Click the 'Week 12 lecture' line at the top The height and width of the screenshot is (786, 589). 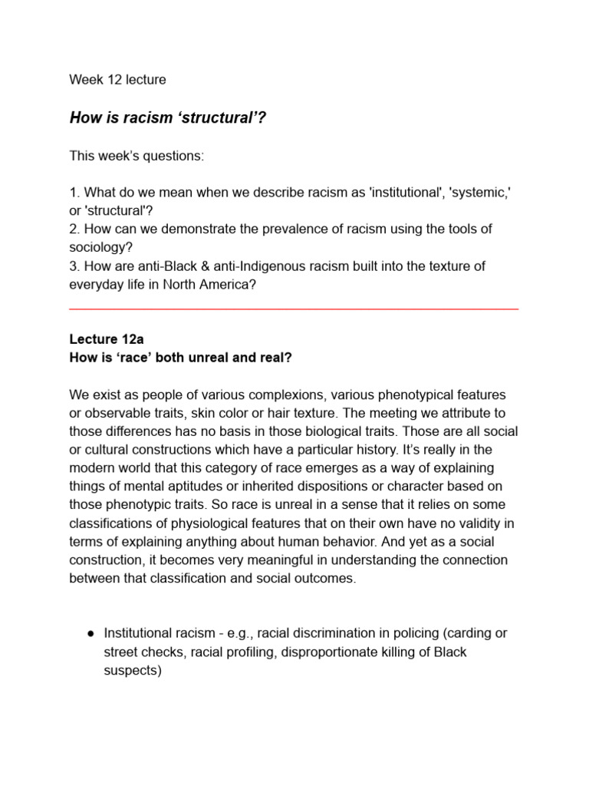click(x=117, y=79)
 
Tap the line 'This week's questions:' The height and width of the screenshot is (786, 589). click(x=137, y=156)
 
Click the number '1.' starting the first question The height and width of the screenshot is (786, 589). click(x=74, y=193)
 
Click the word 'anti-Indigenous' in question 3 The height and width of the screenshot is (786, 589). click(x=245, y=266)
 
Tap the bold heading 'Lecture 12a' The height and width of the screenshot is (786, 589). click(x=105, y=339)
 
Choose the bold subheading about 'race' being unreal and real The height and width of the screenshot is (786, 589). click(x=181, y=357)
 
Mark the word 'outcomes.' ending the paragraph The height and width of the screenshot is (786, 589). click(x=325, y=579)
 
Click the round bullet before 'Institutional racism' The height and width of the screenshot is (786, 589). click(x=90, y=633)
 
